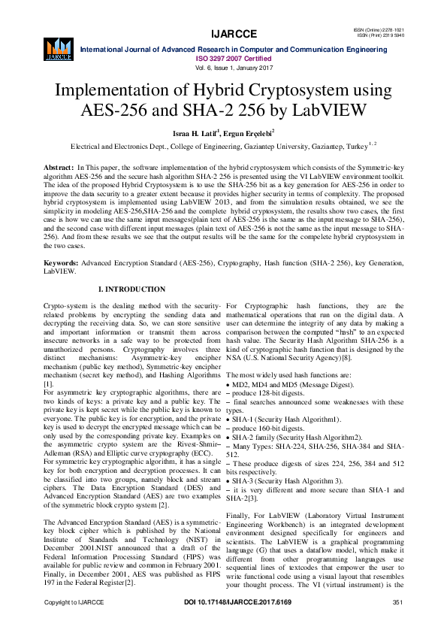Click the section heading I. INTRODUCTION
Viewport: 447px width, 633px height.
132,289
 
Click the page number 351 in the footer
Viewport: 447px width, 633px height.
398,624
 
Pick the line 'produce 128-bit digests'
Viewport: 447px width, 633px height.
265,393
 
